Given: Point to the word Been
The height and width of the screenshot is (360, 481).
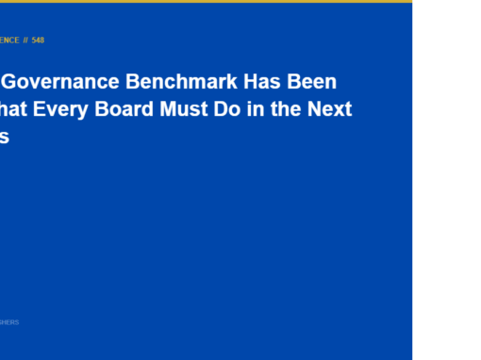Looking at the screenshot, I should point(310,82).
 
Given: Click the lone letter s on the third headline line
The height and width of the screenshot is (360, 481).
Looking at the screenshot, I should point(4,137).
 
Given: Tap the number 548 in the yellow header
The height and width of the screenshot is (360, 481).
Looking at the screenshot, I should point(38,41).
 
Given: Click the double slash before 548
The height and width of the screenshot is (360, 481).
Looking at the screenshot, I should point(25,41).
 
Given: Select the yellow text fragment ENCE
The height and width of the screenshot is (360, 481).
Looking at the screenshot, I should point(9,41).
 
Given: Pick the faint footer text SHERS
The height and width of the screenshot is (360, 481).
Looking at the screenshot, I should point(9,322).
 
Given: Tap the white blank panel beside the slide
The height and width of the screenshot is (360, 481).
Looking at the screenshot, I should point(446,179).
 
